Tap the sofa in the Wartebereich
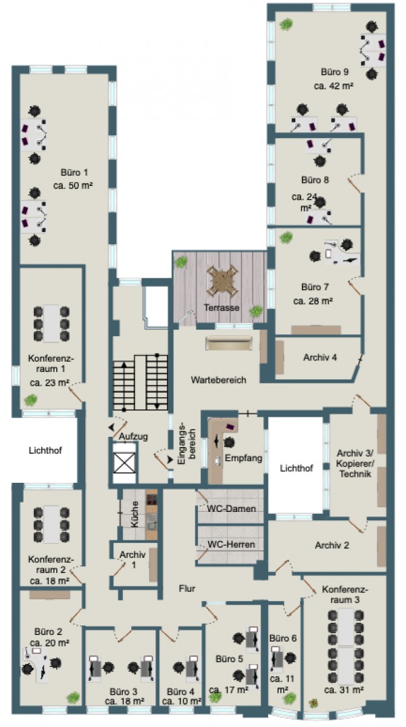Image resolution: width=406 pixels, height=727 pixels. [229, 343]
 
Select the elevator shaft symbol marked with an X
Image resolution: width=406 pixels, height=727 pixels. [125, 463]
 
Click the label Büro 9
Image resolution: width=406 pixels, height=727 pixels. [335, 71]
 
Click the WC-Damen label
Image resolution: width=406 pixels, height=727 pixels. [231, 508]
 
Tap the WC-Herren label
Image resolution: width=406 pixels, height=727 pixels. [231, 544]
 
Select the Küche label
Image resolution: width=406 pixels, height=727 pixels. [134, 514]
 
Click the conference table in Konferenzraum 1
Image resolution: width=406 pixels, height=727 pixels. [51, 324]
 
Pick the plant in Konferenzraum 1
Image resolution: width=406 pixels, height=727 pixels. [31, 399]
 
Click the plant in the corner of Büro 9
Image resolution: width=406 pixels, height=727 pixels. [286, 24]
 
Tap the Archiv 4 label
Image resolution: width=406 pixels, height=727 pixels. [320, 357]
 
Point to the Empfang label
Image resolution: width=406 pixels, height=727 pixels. [243, 458]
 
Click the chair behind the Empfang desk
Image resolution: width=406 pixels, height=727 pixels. [229, 442]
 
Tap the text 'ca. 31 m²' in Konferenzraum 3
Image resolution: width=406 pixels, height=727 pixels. [344, 689]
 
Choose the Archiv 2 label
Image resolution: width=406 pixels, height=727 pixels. [332, 545]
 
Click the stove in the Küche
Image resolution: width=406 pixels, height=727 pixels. [151, 499]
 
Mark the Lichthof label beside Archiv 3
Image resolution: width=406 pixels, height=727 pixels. [296, 468]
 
